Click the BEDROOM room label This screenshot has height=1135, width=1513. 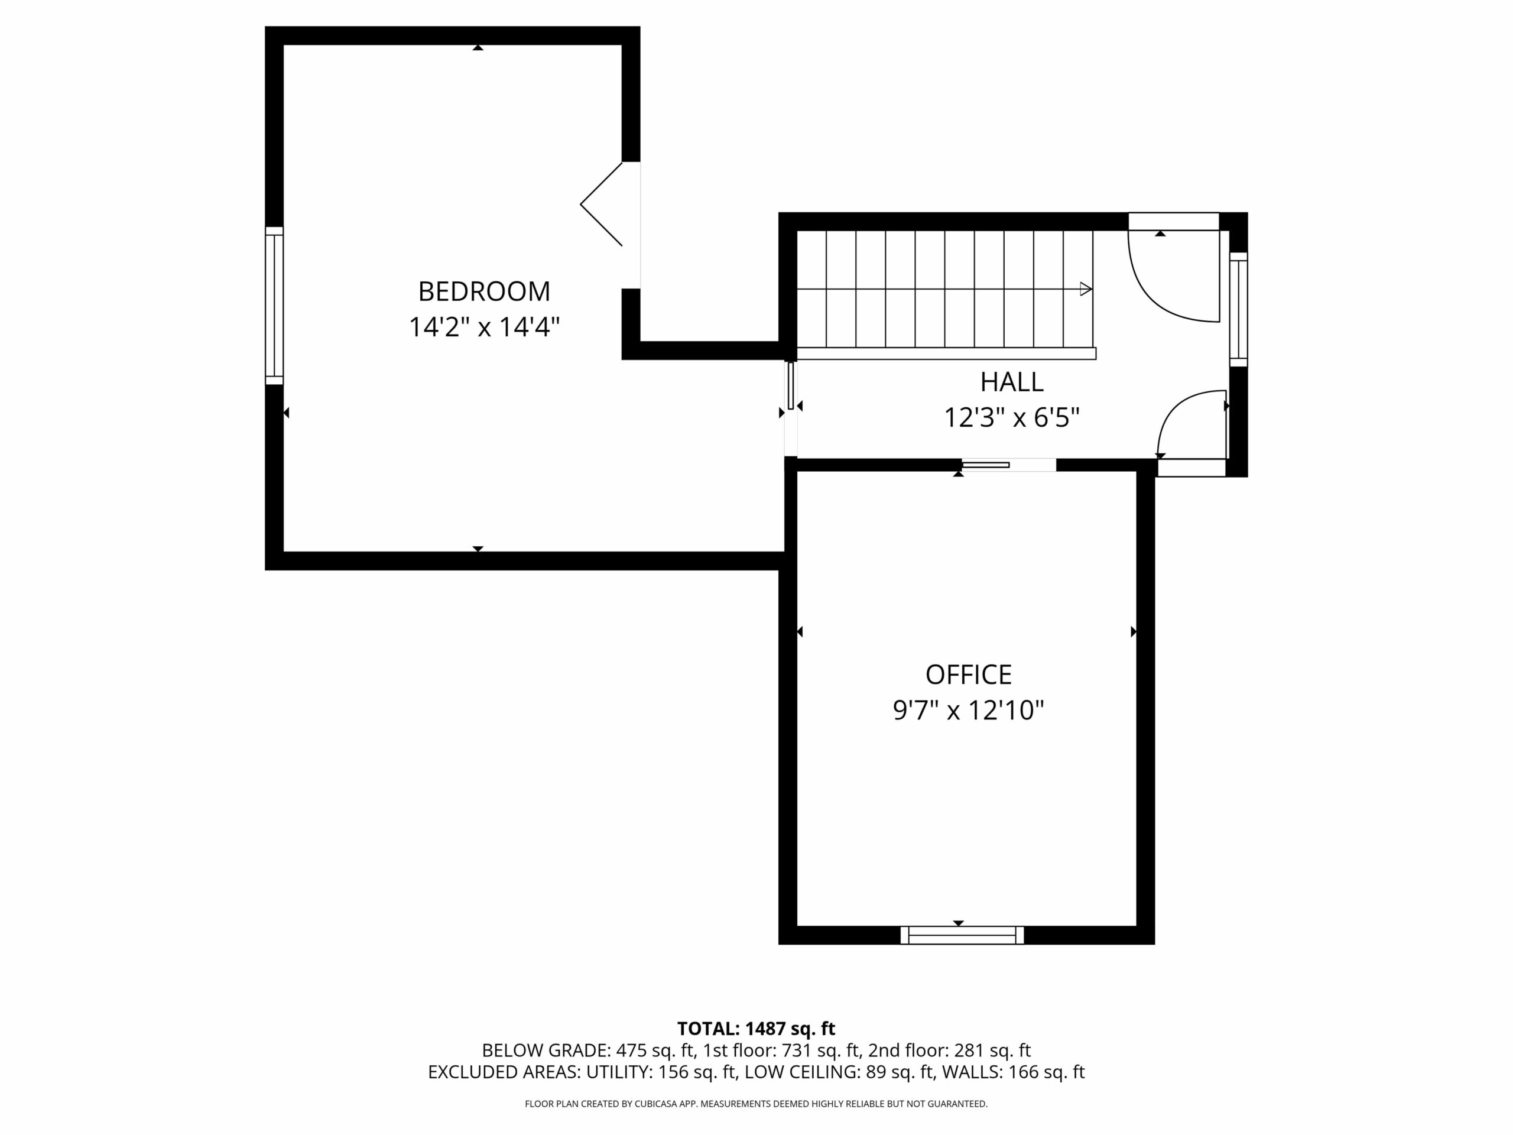click(484, 291)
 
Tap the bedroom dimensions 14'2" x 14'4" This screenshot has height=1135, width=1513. click(484, 327)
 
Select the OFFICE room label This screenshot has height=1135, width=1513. click(969, 674)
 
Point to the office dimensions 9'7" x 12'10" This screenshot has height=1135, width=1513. click(969, 710)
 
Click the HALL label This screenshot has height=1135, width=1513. click(1012, 382)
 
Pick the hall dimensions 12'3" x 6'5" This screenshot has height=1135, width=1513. click(1012, 417)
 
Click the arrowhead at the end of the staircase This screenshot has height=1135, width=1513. click(1086, 288)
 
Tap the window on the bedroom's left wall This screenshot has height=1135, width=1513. click(274, 305)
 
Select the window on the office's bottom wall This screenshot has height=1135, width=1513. click(962, 935)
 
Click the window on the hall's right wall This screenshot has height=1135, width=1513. click(1239, 309)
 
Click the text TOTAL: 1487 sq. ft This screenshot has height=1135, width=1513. click(756, 1028)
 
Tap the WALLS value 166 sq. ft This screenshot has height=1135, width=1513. click(1047, 1072)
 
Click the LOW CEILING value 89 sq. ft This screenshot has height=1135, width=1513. click(900, 1072)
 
